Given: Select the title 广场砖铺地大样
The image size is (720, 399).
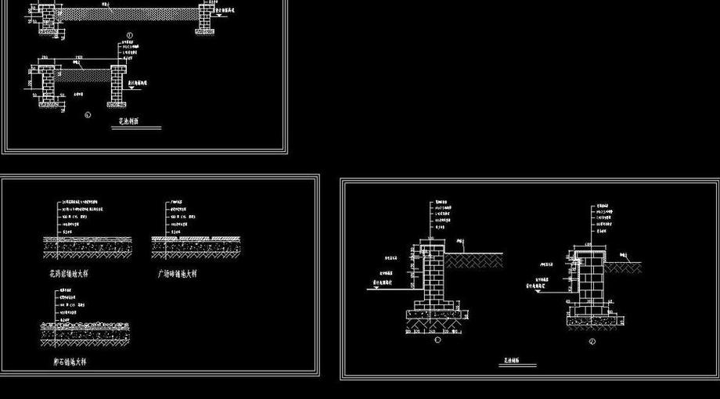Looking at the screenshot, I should click(177, 274).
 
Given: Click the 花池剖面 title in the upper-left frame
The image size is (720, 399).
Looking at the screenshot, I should click(129, 122).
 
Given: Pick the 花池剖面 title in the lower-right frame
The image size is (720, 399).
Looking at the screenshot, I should click(509, 362).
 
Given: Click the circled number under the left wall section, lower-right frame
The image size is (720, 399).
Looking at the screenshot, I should click(437, 340).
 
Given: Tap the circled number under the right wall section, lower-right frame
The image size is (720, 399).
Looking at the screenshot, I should click(592, 341).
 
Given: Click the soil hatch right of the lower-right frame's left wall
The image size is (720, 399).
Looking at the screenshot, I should click(474, 257).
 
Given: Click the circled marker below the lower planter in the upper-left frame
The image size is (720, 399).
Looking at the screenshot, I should click(88, 114).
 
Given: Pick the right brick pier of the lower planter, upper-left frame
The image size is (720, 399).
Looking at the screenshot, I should click(118, 84).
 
